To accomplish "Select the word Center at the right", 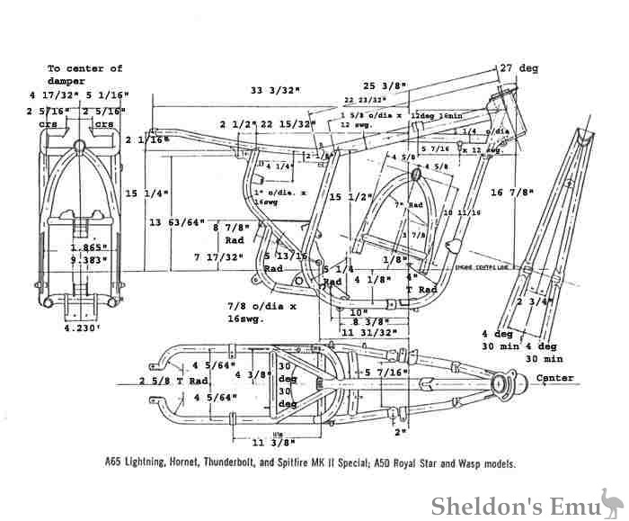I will click(x=554, y=378).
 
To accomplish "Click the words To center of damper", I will click(x=85, y=74).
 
